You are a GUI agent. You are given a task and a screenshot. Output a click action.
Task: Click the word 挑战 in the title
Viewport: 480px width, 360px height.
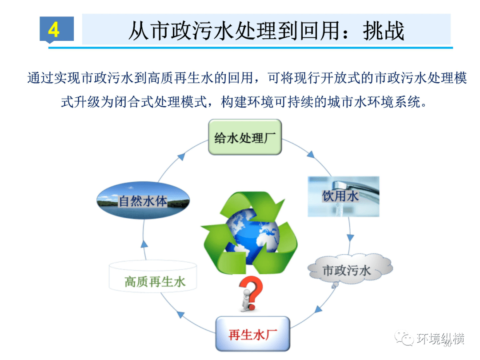[384, 31]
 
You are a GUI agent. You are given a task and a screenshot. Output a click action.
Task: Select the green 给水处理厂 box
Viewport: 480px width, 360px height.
[245, 137]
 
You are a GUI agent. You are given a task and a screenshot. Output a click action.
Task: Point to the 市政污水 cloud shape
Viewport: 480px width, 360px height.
[350, 270]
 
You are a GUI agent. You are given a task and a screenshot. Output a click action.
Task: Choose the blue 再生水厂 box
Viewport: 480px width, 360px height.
[252, 334]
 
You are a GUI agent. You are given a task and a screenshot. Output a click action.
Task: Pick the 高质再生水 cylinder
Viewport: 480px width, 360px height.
[154, 277]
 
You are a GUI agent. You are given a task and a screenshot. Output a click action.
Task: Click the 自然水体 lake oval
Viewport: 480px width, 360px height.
[143, 201]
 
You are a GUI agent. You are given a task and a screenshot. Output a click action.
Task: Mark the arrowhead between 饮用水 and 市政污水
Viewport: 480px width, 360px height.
[350, 235]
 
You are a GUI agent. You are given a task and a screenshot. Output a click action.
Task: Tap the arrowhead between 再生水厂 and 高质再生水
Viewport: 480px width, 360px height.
[180, 314]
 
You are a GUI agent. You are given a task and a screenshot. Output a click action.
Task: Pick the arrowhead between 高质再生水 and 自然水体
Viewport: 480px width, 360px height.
[144, 243]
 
